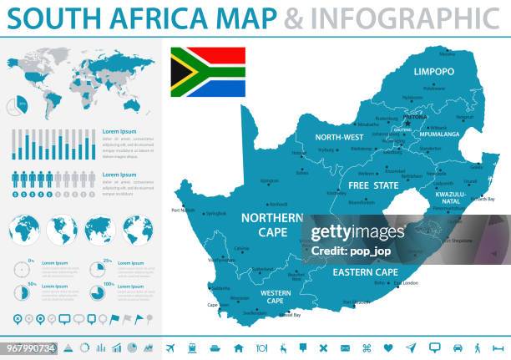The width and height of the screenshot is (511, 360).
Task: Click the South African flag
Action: (x=208, y=72)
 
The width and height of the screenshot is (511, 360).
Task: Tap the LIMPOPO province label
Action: (x=433, y=73)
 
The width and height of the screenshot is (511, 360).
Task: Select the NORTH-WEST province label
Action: (x=338, y=137)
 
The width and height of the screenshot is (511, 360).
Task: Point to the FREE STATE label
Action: (x=373, y=185)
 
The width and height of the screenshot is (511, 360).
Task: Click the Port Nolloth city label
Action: (x=183, y=210)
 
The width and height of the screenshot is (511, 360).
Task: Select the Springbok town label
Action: (x=215, y=213)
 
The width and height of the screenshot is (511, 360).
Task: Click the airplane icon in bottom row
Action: (x=170, y=347)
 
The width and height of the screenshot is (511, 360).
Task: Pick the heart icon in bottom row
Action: (x=388, y=347)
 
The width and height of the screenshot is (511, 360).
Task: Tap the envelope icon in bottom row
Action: (x=345, y=347)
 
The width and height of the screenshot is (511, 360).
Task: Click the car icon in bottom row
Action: (x=458, y=347)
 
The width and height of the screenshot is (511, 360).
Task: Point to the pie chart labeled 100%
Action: (x=97, y=292)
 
